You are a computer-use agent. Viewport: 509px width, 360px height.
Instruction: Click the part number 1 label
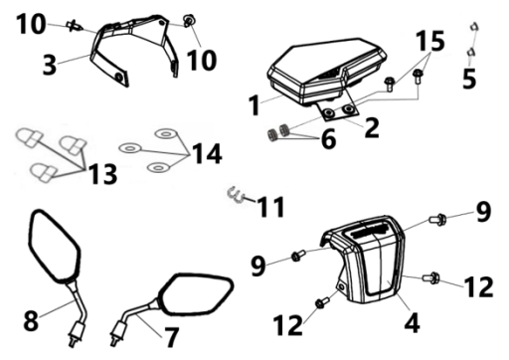[254, 104]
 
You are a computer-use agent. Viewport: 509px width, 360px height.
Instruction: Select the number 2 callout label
[372, 127]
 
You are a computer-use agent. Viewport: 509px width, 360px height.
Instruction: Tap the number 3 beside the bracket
[50, 65]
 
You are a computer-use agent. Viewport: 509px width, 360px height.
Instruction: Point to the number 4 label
[412, 322]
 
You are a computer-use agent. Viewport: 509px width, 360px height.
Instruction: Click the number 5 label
[469, 79]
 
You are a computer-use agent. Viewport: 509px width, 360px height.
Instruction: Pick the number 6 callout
[328, 139]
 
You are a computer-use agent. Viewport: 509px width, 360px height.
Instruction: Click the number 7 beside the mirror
[171, 337]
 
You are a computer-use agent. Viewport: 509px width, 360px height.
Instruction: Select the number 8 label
[31, 320]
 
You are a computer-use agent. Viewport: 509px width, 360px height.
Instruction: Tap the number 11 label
[271, 207]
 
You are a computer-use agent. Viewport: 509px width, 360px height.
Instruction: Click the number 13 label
[103, 174]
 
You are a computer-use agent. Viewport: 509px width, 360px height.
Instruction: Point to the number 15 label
[430, 41]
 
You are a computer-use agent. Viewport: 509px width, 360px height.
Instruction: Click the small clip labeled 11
[236, 195]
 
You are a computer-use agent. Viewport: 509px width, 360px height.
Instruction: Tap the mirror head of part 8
[54, 246]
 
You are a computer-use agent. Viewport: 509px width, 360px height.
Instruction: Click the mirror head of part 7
[196, 294]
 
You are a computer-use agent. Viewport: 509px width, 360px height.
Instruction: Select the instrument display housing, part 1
[326, 71]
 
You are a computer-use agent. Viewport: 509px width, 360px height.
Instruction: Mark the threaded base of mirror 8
[76, 334]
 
